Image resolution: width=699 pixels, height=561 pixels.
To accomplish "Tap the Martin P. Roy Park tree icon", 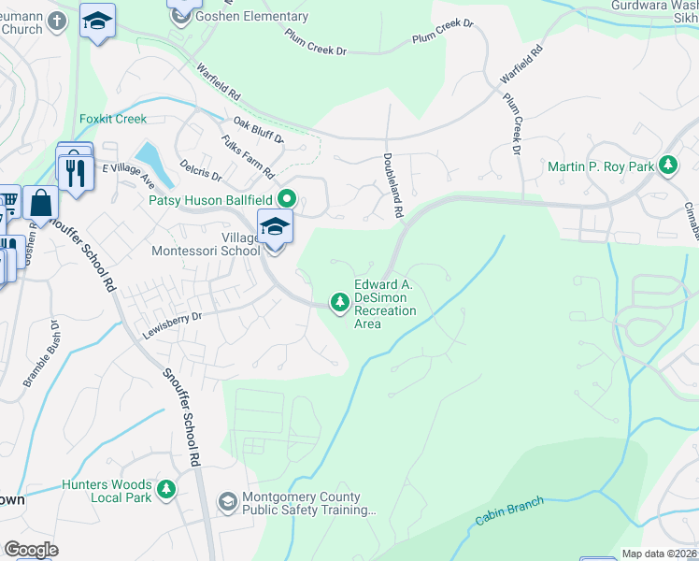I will pos(667,166).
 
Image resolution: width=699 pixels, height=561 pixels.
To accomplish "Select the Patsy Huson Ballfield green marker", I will pos(288,198).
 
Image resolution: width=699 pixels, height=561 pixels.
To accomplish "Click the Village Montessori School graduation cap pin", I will pos(275,227).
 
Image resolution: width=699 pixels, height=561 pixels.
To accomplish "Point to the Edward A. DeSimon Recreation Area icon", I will pos(338,301).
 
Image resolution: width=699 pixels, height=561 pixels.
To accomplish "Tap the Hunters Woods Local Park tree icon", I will pos(166,488).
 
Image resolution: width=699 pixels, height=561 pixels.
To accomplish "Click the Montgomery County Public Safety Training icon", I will pos(227,503).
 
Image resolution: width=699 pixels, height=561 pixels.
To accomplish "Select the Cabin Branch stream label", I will pos(509,511).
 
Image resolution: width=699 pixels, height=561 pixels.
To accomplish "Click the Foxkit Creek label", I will pos(113,120).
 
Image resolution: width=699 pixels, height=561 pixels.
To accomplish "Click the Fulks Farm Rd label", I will pos(248,157).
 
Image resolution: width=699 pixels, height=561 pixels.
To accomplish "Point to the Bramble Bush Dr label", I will pos(41,355).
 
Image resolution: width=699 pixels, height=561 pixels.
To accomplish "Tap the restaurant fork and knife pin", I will pos(76,171).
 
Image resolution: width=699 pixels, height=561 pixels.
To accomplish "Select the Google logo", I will pos(31,550).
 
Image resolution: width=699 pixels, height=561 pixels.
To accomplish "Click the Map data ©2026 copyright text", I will pos(659,554).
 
